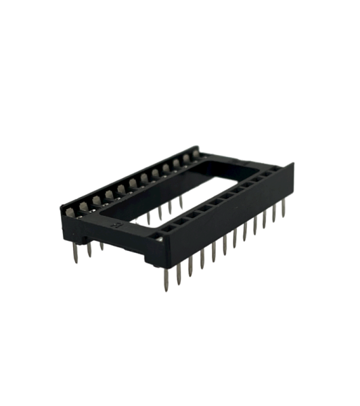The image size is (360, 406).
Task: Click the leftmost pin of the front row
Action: tap(166, 277)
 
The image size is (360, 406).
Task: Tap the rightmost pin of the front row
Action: tap(284, 208)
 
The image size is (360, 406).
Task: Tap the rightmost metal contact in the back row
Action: tap(197, 155)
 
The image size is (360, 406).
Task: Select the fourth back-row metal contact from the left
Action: tap(108, 195)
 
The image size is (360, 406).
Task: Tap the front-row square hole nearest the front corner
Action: tap(157, 235)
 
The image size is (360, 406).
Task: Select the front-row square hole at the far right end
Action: tap(275, 171)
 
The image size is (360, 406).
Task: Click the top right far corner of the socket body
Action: tap(292, 164)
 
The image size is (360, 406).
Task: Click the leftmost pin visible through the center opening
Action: tap(148, 218)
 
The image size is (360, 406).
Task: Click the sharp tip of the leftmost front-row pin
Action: tap(166, 288)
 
